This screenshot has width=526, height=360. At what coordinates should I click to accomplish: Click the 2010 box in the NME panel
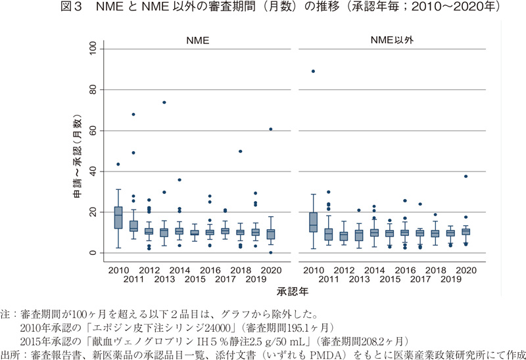tap(118, 217)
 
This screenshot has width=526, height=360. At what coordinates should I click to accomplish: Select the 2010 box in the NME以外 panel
tap(313, 222)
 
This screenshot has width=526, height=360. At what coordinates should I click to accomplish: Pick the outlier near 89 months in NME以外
tap(313, 71)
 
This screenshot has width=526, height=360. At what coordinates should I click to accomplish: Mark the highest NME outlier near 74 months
tap(164, 102)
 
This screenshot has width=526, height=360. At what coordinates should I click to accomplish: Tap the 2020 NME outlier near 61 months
tap(271, 129)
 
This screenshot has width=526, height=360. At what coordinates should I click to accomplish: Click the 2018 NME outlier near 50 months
tap(241, 151)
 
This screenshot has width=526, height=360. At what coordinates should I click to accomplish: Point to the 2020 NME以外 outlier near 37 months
tap(466, 176)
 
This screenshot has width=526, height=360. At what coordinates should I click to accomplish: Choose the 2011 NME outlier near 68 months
tap(133, 114)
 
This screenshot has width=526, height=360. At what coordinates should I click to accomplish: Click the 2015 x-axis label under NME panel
tap(195, 279)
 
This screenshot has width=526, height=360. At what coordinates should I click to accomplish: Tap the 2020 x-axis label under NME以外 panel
tap(466, 270)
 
